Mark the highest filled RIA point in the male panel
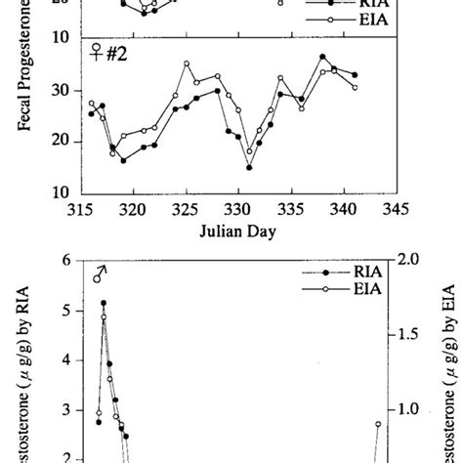pos(104,304)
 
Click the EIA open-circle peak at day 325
pos(186,63)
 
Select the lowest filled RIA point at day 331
pos(249,168)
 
